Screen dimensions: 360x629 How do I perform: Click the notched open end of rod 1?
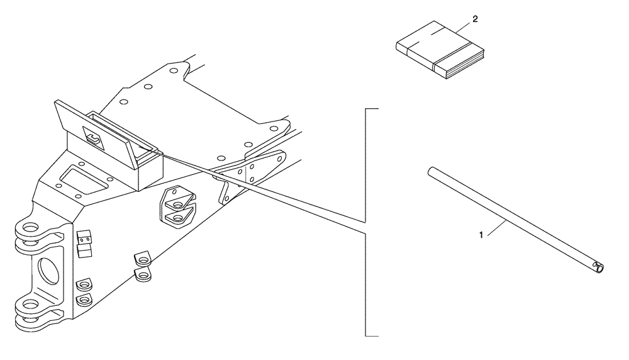599,269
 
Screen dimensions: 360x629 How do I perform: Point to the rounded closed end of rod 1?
429,171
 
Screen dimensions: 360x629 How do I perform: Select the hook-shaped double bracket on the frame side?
179,205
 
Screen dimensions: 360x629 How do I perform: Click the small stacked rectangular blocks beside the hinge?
84,244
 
